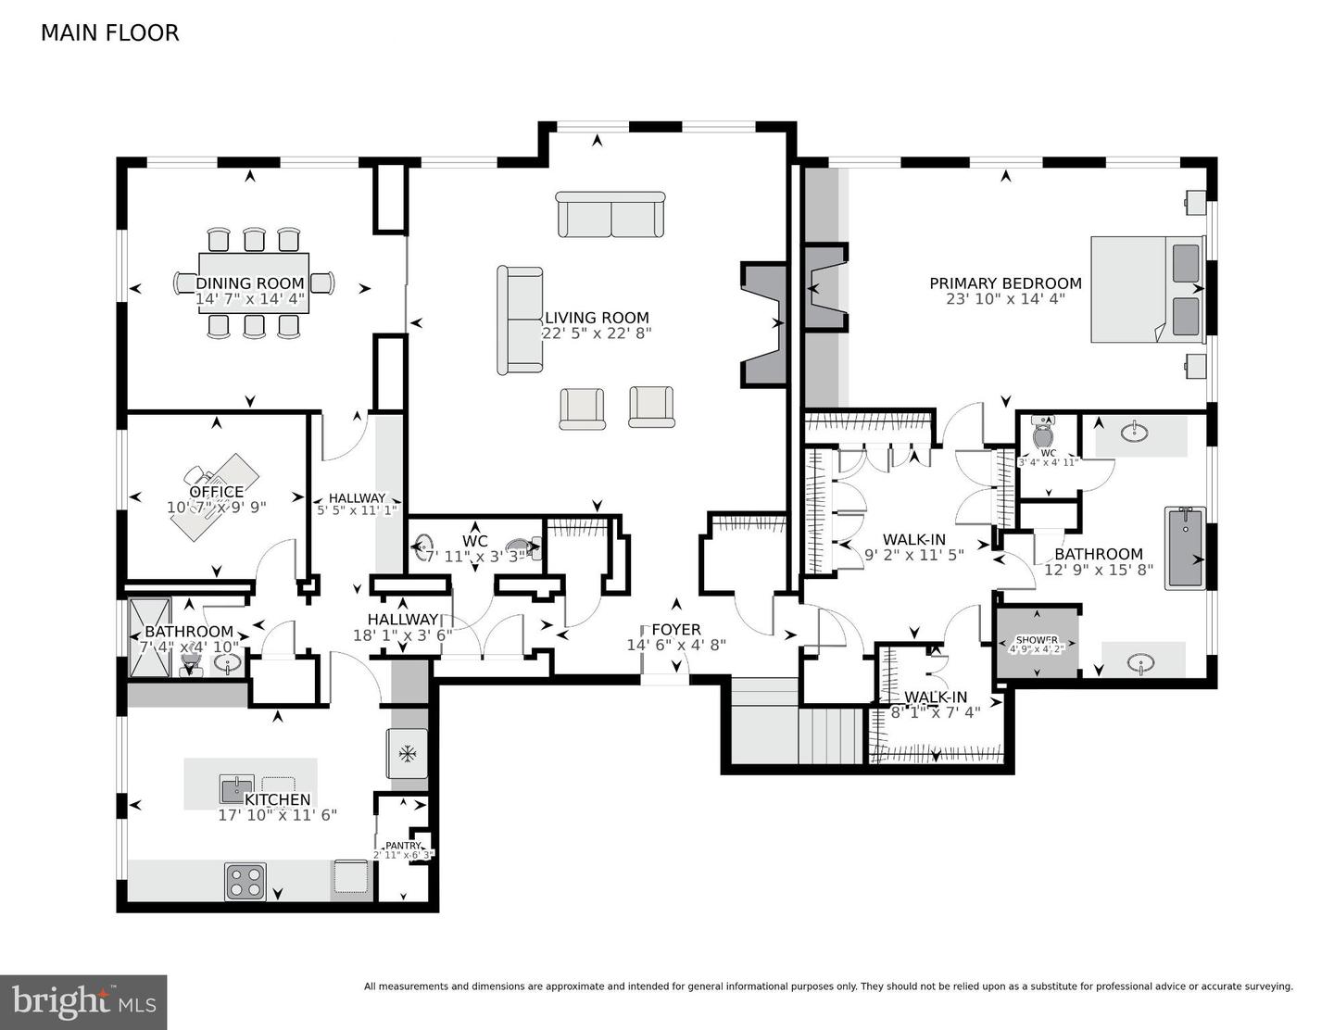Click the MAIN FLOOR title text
click(x=109, y=32)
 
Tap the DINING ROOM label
click(x=250, y=283)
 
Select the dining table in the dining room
click(x=254, y=283)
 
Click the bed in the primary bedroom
click(x=1147, y=289)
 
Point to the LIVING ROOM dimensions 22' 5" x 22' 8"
click(x=597, y=333)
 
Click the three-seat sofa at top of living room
click(x=610, y=215)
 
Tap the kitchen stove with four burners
click(x=245, y=881)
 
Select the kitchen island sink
click(x=236, y=789)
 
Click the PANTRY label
click(x=403, y=846)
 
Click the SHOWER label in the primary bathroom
click(x=1037, y=640)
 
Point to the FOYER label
click(x=676, y=630)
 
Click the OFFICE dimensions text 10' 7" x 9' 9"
click(x=217, y=508)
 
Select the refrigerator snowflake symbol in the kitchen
click(x=407, y=753)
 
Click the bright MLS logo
click(x=83, y=1002)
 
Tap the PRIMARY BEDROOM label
click(x=1005, y=283)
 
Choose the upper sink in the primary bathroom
click(x=1132, y=432)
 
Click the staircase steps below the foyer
click(x=830, y=735)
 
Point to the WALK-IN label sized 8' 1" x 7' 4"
click(x=936, y=697)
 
